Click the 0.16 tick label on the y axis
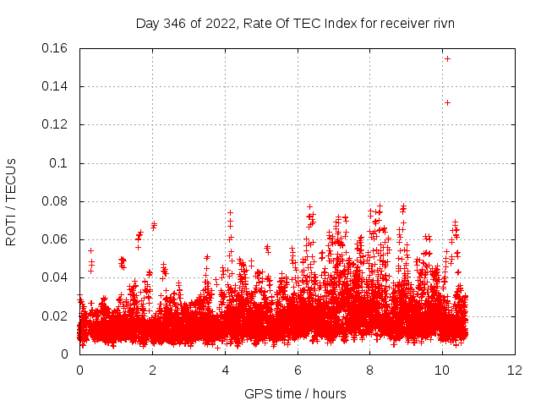[x=56, y=48]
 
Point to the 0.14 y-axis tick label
[x=56, y=86]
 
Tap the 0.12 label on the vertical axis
[x=56, y=124]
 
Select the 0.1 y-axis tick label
[x=62, y=163]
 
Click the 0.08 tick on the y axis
[x=56, y=201]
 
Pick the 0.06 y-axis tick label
[x=56, y=239]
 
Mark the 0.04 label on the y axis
[x=56, y=277]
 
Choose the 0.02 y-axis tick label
[x=56, y=316]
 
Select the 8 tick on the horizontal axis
[x=370, y=370]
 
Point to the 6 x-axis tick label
[x=298, y=370]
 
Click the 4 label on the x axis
[x=225, y=370]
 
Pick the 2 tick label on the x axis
[x=152, y=370]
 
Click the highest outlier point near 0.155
[x=447, y=58]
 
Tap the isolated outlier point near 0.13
[x=447, y=102]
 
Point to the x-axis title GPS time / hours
[x=295, y=393]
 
